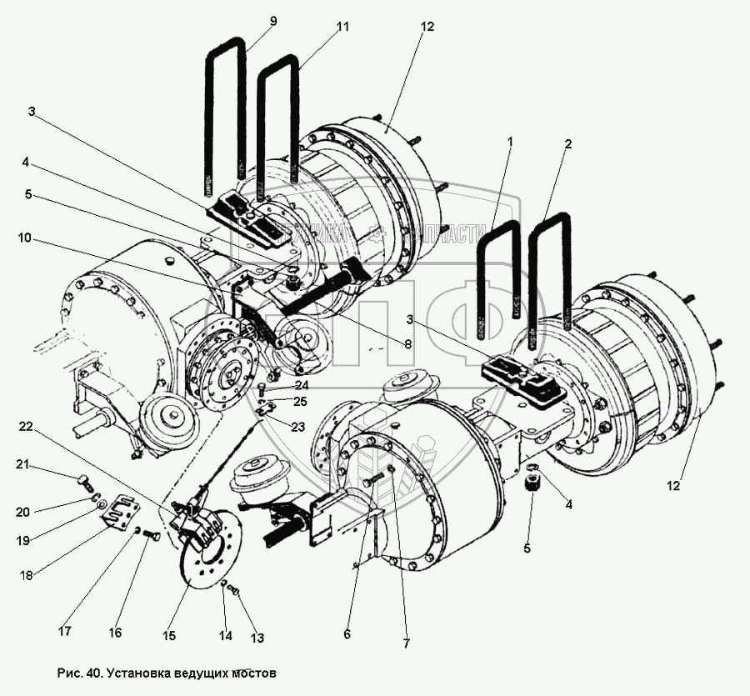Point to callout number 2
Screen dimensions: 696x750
point(567,144)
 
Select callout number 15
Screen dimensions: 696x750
point(169,636)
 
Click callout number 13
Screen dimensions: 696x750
point(257,638)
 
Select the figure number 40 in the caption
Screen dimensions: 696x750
point(92,672)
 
